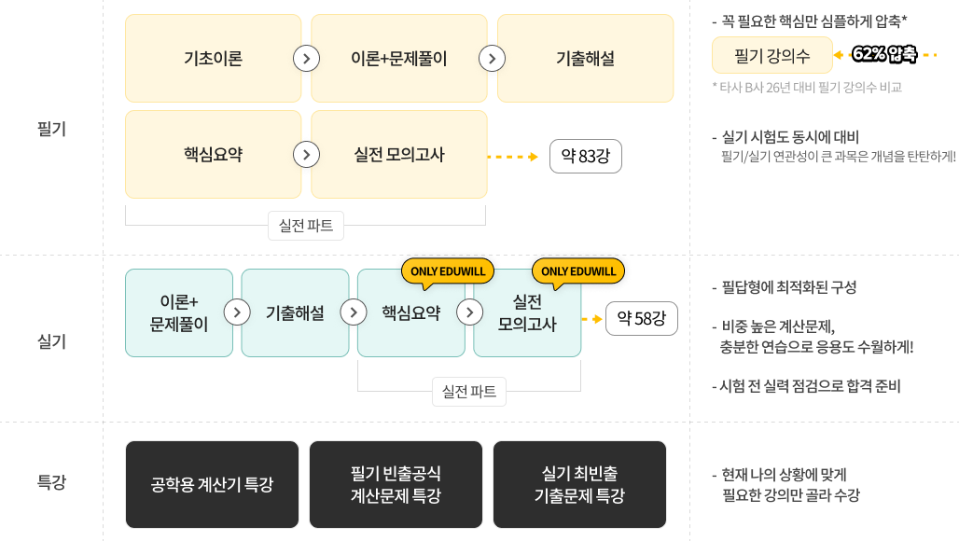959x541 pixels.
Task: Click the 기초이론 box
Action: tap(213, 58)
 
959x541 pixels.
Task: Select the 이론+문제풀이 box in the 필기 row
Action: tap(398, 58)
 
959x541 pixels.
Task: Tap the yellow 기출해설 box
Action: tap(585, 58)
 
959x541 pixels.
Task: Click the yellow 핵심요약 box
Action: tap(213, 154)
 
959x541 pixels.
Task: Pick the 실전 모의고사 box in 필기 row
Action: tap(398, 154)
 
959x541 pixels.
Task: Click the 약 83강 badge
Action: tap(585, 157)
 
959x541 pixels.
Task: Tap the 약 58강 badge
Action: tap(642, 318)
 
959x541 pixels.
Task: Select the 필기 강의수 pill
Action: tap(771, 55)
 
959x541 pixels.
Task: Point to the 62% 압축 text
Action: tap(884, 54)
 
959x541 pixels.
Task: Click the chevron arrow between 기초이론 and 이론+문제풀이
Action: tap(306, 59)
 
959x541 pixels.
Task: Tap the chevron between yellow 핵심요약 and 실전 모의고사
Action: tap(306, 155)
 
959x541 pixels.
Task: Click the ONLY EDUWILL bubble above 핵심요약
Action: tap(448, 272)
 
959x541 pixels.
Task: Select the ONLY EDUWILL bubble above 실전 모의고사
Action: tap(578, 272)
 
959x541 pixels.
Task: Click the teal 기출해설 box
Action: tap(295, 313)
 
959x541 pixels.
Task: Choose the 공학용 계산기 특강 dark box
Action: tap(212, 485)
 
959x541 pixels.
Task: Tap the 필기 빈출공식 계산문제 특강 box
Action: tap(396, 485)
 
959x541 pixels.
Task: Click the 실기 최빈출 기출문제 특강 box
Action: tap(580, 485)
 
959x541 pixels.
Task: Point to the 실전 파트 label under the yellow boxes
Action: tap(306, 226)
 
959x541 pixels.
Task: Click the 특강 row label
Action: tap(51, 482)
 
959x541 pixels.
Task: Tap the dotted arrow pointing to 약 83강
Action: tap(512, 157)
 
